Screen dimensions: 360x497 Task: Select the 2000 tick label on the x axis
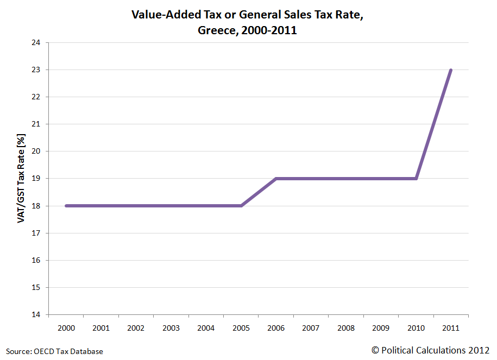point(66,328)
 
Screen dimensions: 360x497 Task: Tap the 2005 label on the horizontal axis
point(241,328)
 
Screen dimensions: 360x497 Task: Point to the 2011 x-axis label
point(451,328)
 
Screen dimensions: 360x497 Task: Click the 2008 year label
point(346,328)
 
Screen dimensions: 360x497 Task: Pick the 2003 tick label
point(171,328)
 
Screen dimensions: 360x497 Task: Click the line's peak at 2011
point(451,70)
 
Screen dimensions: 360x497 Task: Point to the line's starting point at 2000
point(66,206)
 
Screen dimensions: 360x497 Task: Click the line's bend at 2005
point(241,206)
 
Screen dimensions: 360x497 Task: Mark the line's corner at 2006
point(276,179)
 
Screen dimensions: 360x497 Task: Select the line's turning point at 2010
point(416,179)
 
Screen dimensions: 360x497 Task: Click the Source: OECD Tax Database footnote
point(54,351)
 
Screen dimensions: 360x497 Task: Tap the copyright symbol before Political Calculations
point(375,351)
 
